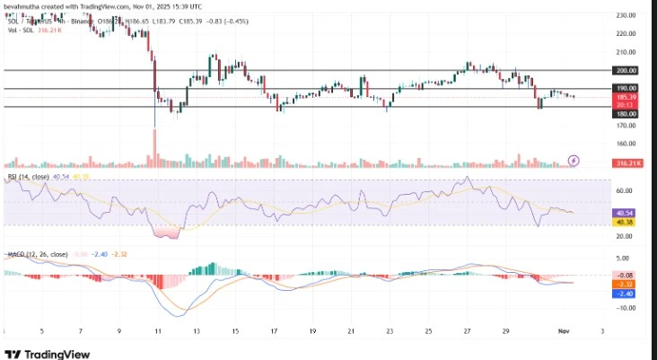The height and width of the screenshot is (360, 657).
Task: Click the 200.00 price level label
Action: coord(626,70)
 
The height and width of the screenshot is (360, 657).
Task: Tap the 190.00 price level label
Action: coord(626,89)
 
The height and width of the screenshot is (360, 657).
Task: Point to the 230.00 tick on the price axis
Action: coord(626,15)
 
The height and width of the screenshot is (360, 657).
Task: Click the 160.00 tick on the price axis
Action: coord(626,144)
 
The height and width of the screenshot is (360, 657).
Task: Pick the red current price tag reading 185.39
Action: coord(626,96)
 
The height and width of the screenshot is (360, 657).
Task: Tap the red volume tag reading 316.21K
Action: coord(625,163)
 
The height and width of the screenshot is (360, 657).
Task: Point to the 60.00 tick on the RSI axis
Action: coord(626,191)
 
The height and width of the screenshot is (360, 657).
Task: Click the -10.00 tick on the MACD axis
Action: coord(626,308)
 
